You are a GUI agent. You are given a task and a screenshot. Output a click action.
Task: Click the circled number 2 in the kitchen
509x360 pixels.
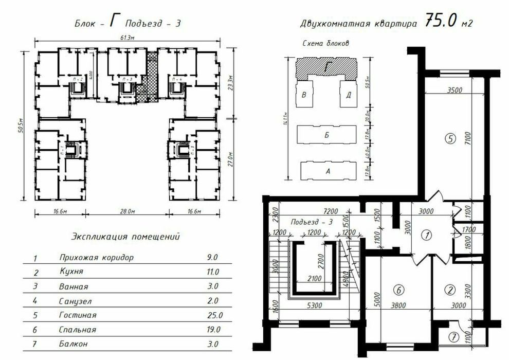click(x=450, y=290)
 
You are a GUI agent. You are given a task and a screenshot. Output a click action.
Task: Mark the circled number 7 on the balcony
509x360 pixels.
click(x=452, y=337)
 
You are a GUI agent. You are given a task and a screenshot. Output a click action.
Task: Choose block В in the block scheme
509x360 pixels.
click(x=304, y=95)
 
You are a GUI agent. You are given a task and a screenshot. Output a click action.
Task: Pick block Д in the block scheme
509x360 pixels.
click(x=348, y=95)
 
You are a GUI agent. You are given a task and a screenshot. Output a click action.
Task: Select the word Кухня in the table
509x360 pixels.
click(x=70, y=272)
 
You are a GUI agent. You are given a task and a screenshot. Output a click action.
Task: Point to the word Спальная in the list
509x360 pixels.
click(x=77, y=330)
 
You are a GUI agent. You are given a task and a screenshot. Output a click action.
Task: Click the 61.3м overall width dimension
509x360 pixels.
click(x=128, y=37)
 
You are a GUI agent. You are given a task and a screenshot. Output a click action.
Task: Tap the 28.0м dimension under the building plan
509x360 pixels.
click(x=127, y=211)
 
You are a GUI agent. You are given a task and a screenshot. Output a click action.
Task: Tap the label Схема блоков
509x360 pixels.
click(x=325, y=44)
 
